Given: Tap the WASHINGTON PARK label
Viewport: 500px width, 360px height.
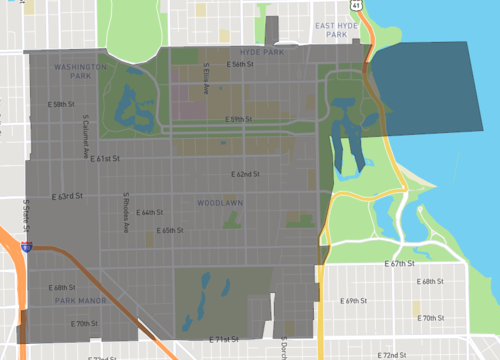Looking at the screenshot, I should point(75,71).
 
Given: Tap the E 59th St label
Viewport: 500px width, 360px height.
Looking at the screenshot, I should point(237,119).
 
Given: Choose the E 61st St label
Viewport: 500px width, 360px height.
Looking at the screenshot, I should point(103,158).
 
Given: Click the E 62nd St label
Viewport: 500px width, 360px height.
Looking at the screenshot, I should point(246,174).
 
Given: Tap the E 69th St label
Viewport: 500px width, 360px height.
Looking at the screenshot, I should point(356,300).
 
